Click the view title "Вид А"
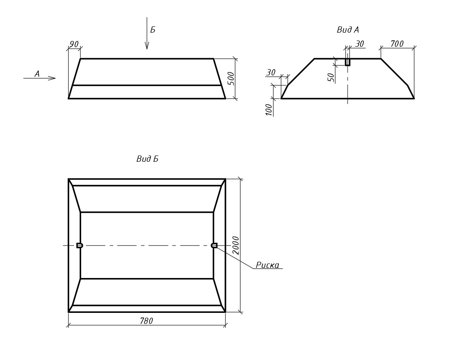pyautogui.click(x=348, y=30)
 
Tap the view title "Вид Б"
pyautogui.click(x=147, y=159)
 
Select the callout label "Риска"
pyautogui.click(x=267, y=265)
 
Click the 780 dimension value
pyautogui.click(x=146, y=321)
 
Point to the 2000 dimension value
pyautogui.click(x=236, y=245)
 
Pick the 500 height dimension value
pyautogui.click(x=232, y=78)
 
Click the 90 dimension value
pyautogui.click(x=74, y=45)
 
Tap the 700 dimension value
pyautogui.click(x=397, y=44)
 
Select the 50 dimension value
pyautogui.click(x=331, y=78)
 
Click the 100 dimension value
pyautogui.click(x=269, y=110)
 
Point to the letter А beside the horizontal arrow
pyautogui.click(x=37, y=74)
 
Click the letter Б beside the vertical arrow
pyautogui.click(x=152, y=30)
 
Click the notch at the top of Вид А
pyautogui.click(x=348, y=62)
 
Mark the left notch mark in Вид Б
pyautogui.click(x=79, y=245)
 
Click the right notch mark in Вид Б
pyautogui.click(x=214, y=245)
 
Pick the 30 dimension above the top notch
pyautogui.click(x=359, y=44)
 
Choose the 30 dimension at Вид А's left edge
pyautogui.click(x=271, y=72)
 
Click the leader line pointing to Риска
pyautogui.click(x=235, y=257)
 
